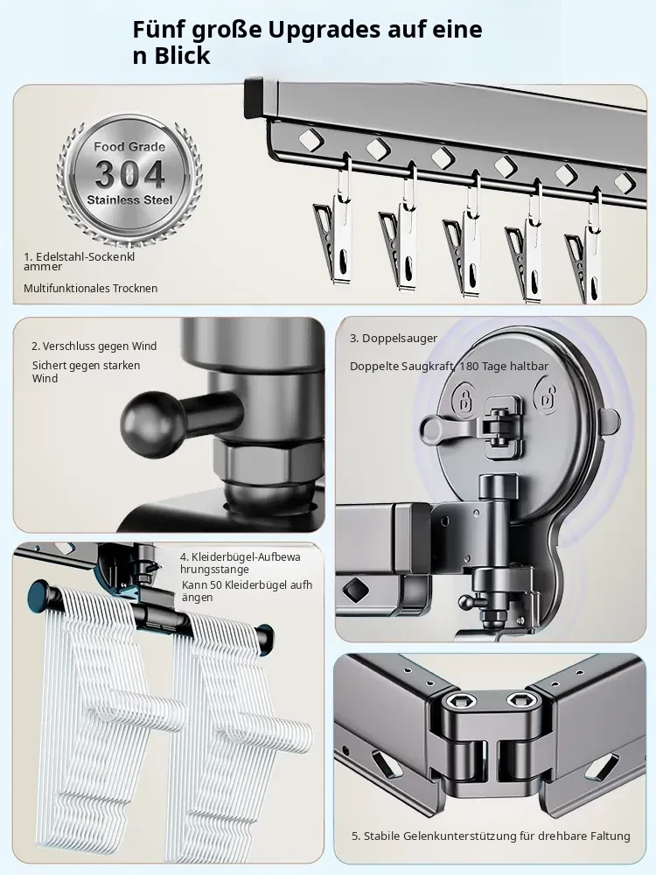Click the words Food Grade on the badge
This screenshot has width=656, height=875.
tap(129, 147)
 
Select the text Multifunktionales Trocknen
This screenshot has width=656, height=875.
tap(90, 289)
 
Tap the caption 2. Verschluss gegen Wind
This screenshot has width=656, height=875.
tap(94, 346)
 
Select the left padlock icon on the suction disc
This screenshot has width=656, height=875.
tap(464, 397)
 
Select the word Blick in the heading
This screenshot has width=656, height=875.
tap(183, 56)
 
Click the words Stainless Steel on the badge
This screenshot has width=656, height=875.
tap(129, 199)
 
